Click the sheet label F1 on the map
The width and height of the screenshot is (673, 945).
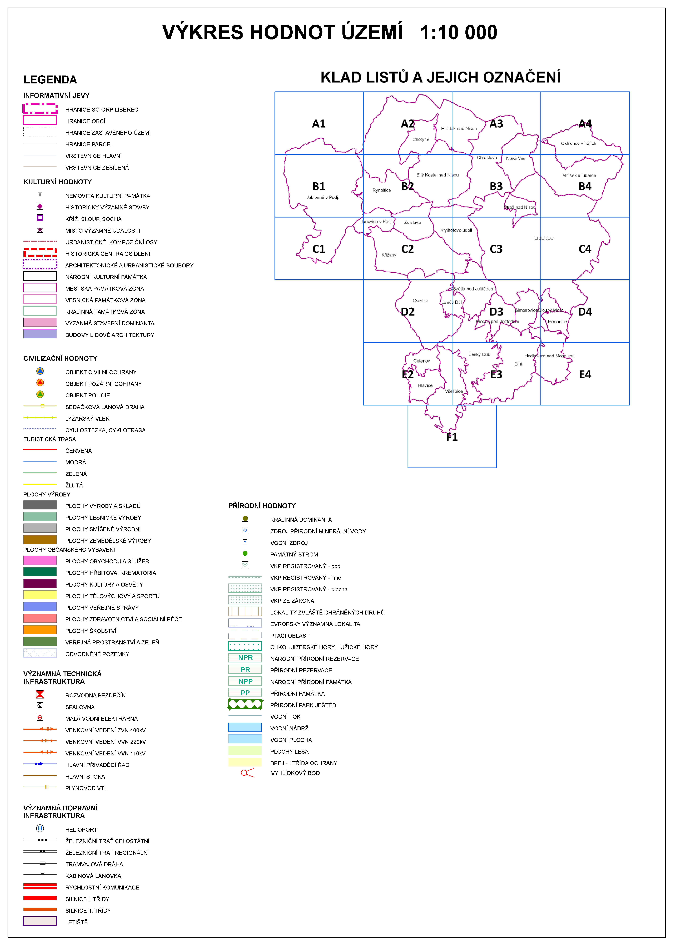coord(452,437)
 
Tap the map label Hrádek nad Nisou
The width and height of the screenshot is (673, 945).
coord(459,129)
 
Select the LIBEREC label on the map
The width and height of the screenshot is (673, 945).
coord(544,238)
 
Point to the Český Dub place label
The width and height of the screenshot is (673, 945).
coord(479,354)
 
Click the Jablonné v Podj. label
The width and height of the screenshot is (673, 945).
coord(322,198)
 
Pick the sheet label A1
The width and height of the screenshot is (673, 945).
coord(319,124)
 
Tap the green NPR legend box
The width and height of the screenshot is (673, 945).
coord(245,658)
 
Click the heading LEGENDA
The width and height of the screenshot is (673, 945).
coord(50,79)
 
